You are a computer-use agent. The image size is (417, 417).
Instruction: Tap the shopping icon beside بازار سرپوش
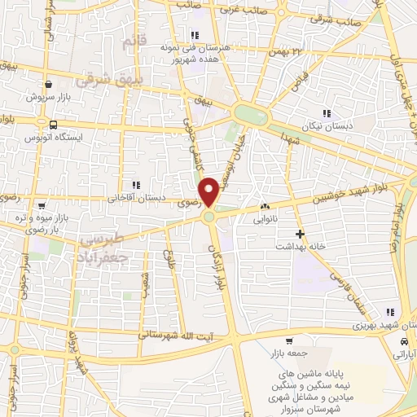pyautogui.click(x=50, y=84)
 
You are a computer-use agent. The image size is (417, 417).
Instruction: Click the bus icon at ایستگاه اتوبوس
pyautogui.click(x=53, y=125)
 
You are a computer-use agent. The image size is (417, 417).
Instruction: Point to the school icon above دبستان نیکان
pyautogui.click(x=327, y=113)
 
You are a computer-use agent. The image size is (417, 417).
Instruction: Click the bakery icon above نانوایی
pyautogui.click(x=265, y=207)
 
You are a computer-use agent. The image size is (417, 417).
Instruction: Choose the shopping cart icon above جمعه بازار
pyautogui.click(x=289, y=341)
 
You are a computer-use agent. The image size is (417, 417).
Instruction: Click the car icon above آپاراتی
pyautogui.click(x=404, y=343)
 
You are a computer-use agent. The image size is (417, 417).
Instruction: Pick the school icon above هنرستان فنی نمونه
pyautogui.click(x=194, y=35)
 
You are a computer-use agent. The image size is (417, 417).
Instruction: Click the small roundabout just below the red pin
pyautogui.click(x=210, y=216)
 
